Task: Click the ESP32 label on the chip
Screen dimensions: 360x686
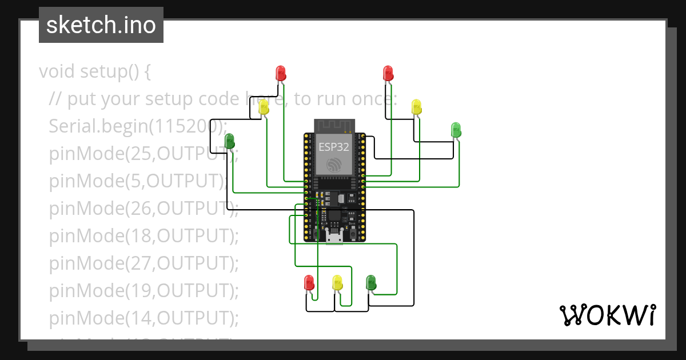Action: pyautogui.click(x=334, y=146)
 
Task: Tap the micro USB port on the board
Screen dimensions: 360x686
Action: pyautogui.click(x=334, y=237)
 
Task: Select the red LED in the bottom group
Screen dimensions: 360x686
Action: pyautogui.click(x=309, y=282)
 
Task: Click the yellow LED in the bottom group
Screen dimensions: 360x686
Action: pyautogui.click(x=337, y=282)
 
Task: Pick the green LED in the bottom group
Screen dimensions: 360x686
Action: pyautogui.click(x=370, y=282)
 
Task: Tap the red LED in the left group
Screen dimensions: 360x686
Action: pyautogui.click(x=281, y=73)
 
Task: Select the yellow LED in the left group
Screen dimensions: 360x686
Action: pyautogui.click(x=264, y=107)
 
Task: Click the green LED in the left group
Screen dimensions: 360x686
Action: pyautogui.click(x=230, y=141)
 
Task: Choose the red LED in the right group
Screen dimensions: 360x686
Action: pyautogui.click(x=388, y=73)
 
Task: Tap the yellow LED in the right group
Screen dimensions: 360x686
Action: pyautogui.click(x=416, y=107)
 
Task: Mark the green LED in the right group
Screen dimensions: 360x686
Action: pyautogui.click(x=456, y=129)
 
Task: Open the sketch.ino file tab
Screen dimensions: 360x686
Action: pyautogui.click(x=101, y=25)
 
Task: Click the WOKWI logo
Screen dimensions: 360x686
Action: pyautogui.click(x=607, y=315)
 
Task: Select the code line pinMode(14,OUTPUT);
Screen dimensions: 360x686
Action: pyautogui.click(x=143, y=317)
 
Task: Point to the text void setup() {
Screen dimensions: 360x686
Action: pyautogui.click(x=95, y=72)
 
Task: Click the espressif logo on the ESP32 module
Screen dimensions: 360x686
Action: pyautogui.click(x=334, y=165)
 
